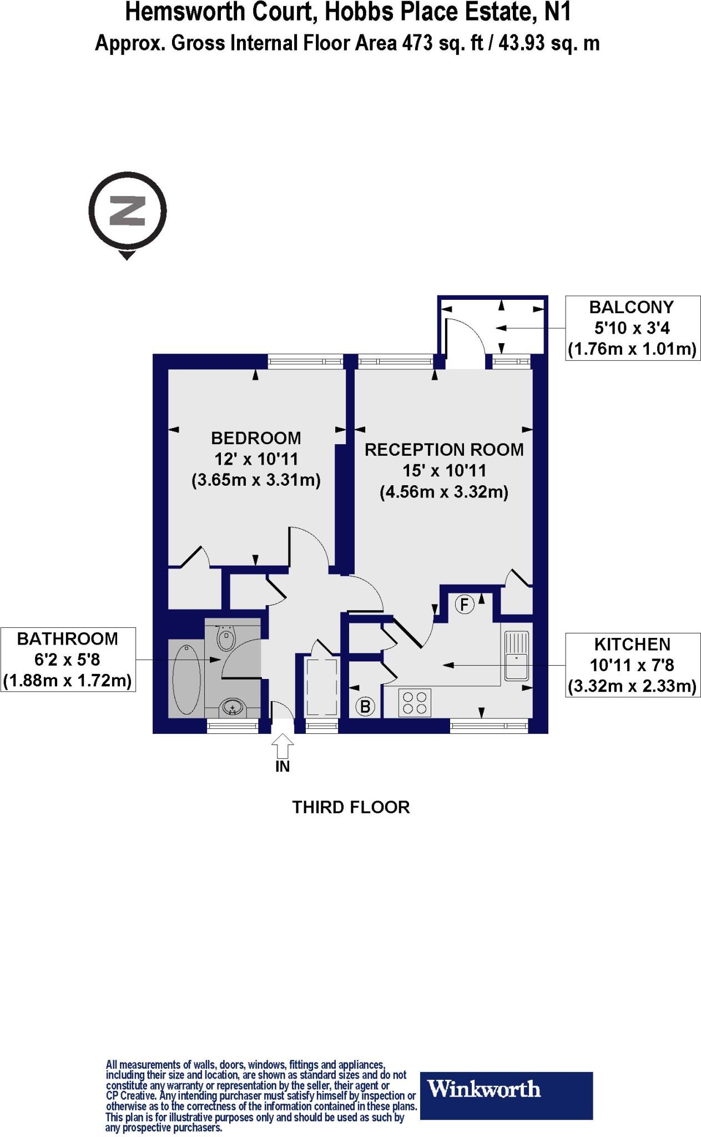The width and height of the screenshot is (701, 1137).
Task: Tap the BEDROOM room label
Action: (256, 439)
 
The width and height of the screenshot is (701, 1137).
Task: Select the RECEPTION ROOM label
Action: (444, 450)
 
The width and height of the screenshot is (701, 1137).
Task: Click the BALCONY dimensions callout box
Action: (632, 328)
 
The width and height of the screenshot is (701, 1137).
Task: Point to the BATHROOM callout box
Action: (68, 660)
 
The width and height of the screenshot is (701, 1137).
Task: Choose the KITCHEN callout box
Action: (632, 665)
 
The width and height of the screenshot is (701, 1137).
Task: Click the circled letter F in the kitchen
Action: (465, 604)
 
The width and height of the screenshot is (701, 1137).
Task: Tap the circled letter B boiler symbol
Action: (365, 707)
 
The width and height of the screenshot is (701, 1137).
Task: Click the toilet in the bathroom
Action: (225, 638)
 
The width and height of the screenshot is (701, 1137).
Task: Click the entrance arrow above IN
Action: (283, 745)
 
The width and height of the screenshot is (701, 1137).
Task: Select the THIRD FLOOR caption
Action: (351, 807)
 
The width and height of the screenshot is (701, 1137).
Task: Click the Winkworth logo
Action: (506, 1103)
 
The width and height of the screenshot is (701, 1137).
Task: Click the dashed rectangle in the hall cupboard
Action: (322, 687)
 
